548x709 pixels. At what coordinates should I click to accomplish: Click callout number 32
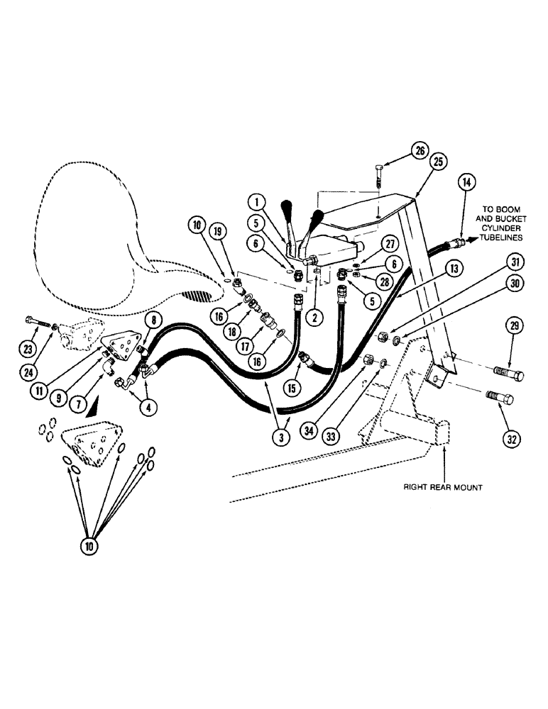click(x=513, y=440)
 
